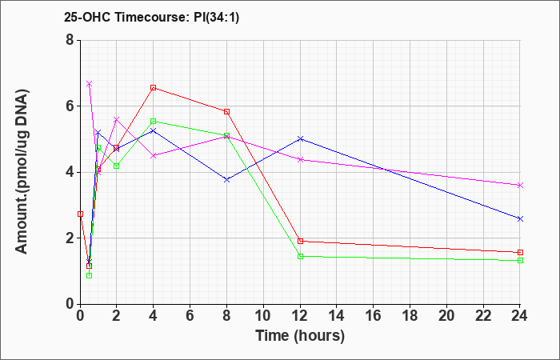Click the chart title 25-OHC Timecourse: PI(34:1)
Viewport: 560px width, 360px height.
151,17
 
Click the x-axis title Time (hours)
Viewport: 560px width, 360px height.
300,336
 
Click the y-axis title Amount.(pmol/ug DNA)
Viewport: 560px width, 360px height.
22,172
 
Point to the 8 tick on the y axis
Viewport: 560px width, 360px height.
70,40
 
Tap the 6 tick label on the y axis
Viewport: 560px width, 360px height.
70,106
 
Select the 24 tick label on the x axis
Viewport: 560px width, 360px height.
519,316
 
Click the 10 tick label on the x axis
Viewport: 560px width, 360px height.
263,316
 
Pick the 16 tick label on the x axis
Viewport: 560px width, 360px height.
374,316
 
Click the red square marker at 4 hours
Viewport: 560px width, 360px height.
154,88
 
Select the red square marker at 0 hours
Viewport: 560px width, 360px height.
80,214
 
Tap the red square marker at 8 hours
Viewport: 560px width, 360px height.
226,112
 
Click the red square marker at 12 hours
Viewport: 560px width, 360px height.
300,241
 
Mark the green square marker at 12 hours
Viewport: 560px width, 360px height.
300,257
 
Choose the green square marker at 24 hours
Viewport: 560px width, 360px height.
520,260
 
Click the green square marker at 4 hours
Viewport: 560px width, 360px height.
154,122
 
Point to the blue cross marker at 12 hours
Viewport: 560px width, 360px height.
300,138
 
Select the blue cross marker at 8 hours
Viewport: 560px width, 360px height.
226,180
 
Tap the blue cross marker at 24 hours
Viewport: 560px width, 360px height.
520,218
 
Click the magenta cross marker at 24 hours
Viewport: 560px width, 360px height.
520,185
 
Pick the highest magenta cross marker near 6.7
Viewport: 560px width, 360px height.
90,83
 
